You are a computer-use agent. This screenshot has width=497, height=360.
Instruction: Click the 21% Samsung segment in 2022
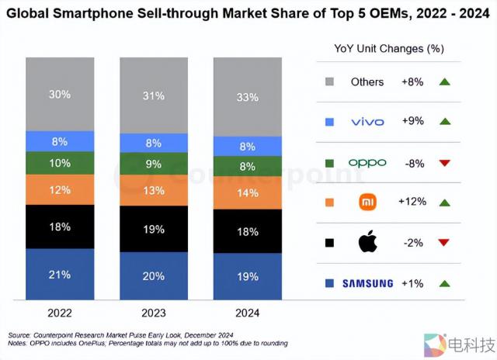click(61, 274)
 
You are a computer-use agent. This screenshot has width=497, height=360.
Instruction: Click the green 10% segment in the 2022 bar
click(61, 163)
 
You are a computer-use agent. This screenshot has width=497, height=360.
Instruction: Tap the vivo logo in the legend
click(367, 122)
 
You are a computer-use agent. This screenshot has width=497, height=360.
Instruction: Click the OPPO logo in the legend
click(367, 162)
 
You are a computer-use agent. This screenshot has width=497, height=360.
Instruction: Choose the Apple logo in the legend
click(367, 242)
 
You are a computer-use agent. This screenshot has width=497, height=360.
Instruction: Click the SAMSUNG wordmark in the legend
click(367, 283)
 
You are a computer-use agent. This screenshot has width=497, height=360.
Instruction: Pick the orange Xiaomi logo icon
click(367, 202)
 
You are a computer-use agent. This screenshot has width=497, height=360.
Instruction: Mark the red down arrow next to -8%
click(443, 162)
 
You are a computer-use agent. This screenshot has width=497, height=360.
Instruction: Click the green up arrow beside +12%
click(443, 202)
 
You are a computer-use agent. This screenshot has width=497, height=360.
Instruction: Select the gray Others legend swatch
click(330, 81)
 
